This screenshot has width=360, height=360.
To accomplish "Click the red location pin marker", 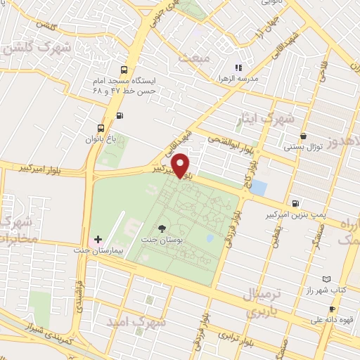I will (181, 165).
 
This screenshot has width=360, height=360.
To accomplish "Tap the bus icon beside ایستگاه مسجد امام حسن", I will (124, 70).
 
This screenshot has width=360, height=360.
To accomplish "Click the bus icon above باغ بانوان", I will (102, 129).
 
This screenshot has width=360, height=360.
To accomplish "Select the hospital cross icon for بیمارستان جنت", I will (98, 240).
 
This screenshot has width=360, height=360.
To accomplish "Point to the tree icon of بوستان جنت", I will (162, 228).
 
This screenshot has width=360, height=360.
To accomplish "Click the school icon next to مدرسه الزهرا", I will (238, 67).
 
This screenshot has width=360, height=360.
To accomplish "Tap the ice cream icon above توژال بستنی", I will (302, 136).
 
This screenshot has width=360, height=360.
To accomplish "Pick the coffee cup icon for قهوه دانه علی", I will (331, 309).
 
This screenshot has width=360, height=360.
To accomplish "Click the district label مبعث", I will (194, 58).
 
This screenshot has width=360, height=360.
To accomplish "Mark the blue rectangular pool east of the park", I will (258, 188).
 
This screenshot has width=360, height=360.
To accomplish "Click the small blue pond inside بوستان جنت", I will (210, 238).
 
